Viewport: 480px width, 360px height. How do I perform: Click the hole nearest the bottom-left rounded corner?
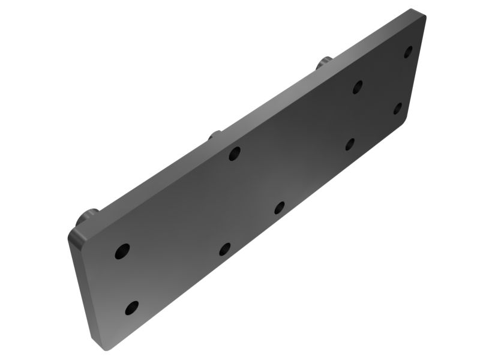pyautogui.click(x=131, y=309)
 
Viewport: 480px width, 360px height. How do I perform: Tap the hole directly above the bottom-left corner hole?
pyautogui.click(x=122, y=251)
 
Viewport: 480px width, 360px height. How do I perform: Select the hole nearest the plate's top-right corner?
pyautogui.click(x=408, y=52)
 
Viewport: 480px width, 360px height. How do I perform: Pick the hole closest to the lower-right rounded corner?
pyautogui.click(x=398, y=109)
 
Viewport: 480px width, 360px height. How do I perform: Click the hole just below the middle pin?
pyautogui.click(x=235, y=153)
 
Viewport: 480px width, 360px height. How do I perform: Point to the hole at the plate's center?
pyautogui.click(x=279, y=208)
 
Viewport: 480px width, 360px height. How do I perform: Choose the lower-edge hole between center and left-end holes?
pyautogui.click(x=225, y=248)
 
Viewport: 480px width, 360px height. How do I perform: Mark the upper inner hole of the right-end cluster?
pyautogui.click(x=358, y=86)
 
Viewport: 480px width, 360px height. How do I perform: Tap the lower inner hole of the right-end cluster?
pyautogui.click(x=350, y=143)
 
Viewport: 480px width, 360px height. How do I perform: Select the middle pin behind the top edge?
pyautogui.click(x=215, y=134)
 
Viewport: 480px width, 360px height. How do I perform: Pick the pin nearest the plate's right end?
pyautogui.click(x=325, y=61)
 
